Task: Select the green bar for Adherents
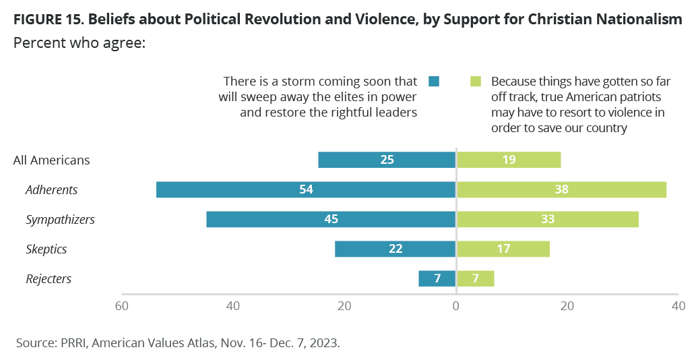pos(561,189)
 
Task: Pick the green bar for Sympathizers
pos(548,219)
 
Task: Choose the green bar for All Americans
pos(509,160)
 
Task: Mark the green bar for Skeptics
pos(503,249)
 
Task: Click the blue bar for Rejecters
pos(437,278)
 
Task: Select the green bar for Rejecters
pos(476,278)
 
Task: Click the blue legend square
pos(434,82)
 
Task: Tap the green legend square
pos(476,82)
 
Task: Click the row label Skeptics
pos(46,249)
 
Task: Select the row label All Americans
pos(51,160)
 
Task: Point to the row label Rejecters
pos(49,278)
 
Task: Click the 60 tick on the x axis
pos(122,306)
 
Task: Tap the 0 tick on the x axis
pos(456,306)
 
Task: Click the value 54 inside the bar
pos(306,189)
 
